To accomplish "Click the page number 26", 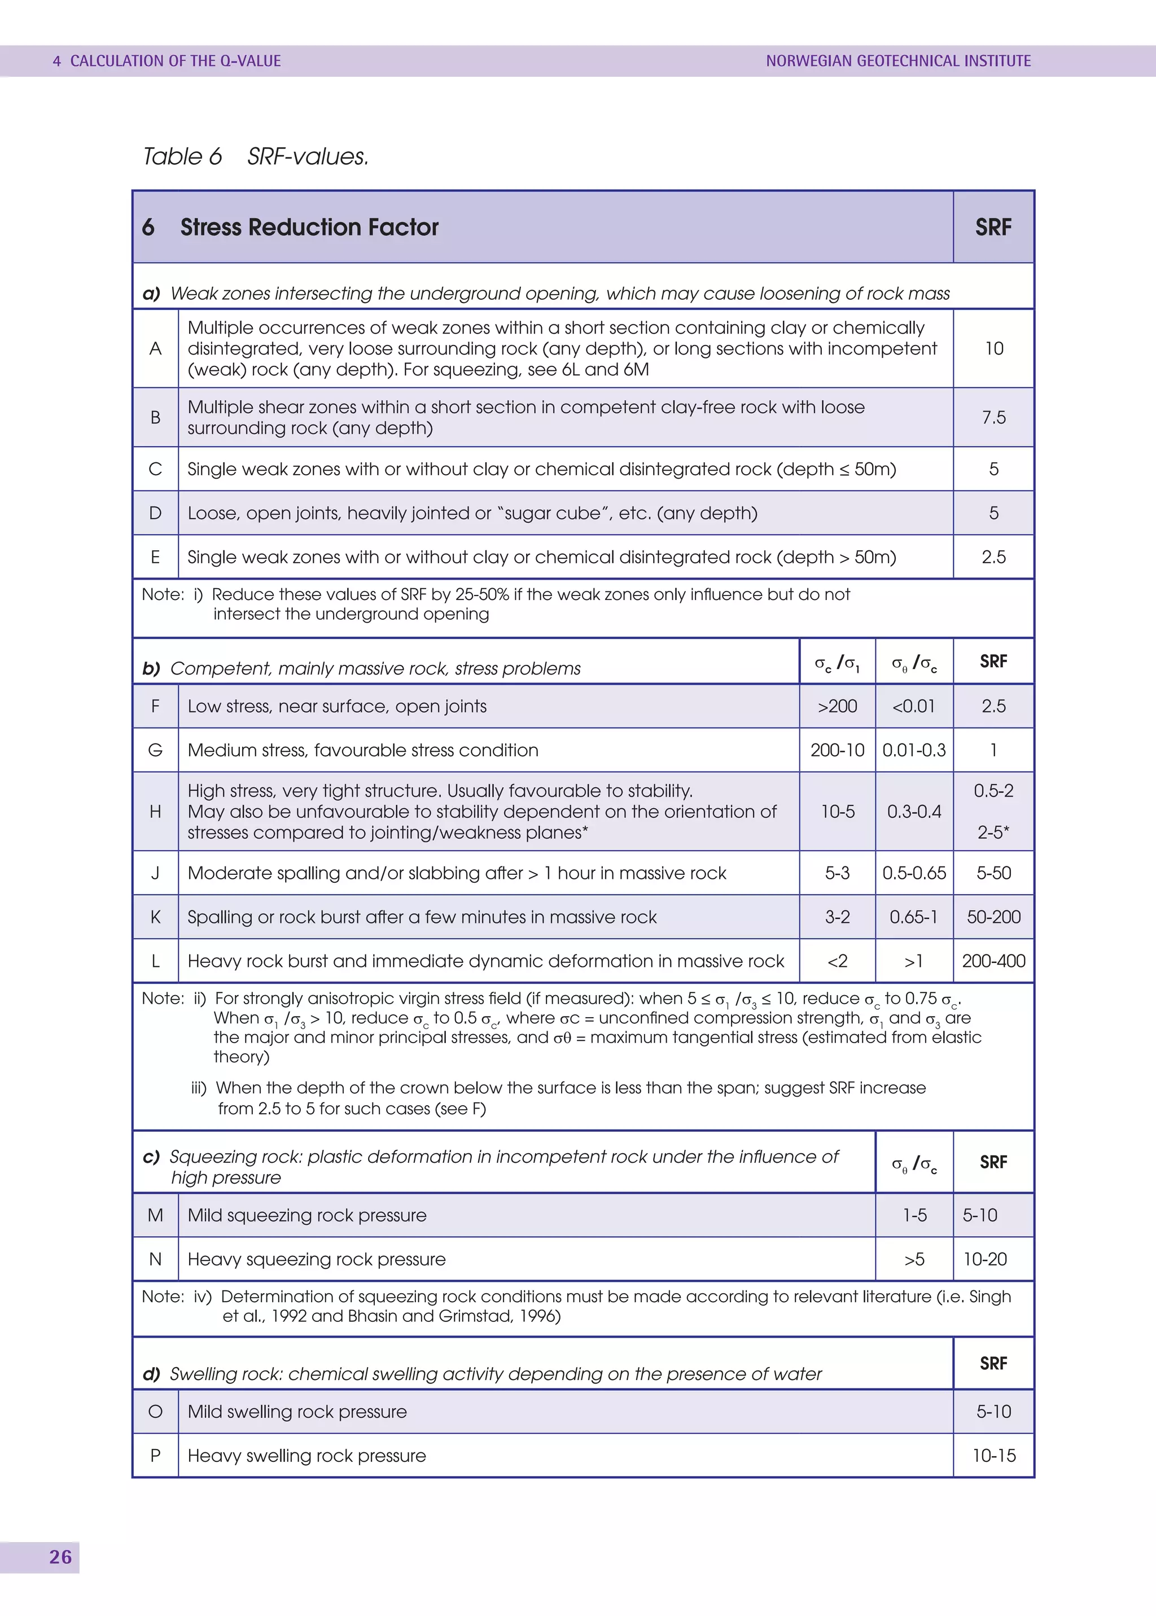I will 60,1557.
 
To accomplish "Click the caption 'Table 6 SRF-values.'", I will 256,156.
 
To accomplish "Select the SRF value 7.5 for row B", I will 993,417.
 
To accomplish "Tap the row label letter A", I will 155,348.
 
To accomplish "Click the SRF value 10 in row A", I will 993,348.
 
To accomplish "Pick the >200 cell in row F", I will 837,706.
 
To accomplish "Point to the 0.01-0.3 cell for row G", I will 914,750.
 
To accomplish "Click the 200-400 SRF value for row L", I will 993,961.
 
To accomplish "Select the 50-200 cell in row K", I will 993,917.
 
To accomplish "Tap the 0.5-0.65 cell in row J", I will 914,873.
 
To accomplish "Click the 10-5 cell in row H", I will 837,812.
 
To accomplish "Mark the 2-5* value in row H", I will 993,832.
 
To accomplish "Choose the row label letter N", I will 155,1259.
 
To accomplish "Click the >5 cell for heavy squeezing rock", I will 914,1259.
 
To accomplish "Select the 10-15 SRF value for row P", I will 993,1456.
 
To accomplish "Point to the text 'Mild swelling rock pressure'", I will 297,1412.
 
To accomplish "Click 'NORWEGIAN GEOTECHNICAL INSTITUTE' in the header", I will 898,61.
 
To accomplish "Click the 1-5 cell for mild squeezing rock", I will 914,1215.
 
